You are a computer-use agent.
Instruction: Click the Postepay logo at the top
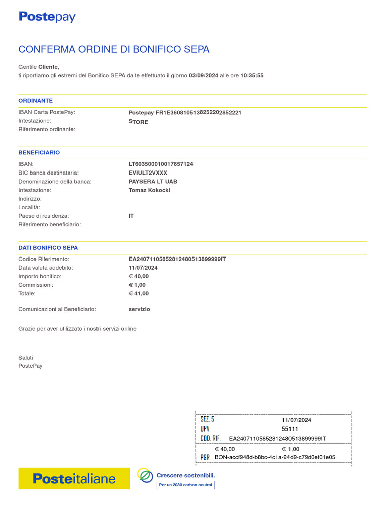47,17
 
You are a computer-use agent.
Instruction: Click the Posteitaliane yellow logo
74,479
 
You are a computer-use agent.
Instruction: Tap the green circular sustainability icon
145,475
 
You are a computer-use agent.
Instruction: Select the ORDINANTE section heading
36,101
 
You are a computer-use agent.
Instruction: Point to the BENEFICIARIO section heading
39,152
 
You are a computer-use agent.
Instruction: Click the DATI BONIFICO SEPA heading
48,248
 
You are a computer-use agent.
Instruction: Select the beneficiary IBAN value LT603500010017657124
161,164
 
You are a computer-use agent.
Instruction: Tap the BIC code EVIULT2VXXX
148,173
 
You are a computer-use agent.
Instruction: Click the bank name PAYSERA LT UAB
153,182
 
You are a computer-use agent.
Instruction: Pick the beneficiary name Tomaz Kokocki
149,190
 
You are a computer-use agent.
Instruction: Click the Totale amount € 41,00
139,294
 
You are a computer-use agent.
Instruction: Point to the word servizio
139,309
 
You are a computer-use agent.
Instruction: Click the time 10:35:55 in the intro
252,76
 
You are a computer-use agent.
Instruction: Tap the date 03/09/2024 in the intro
204,76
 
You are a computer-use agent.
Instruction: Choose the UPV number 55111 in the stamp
290,429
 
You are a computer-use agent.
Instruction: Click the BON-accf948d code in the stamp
274,457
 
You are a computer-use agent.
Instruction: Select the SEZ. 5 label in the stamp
207,419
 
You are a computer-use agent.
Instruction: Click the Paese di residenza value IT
131,216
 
